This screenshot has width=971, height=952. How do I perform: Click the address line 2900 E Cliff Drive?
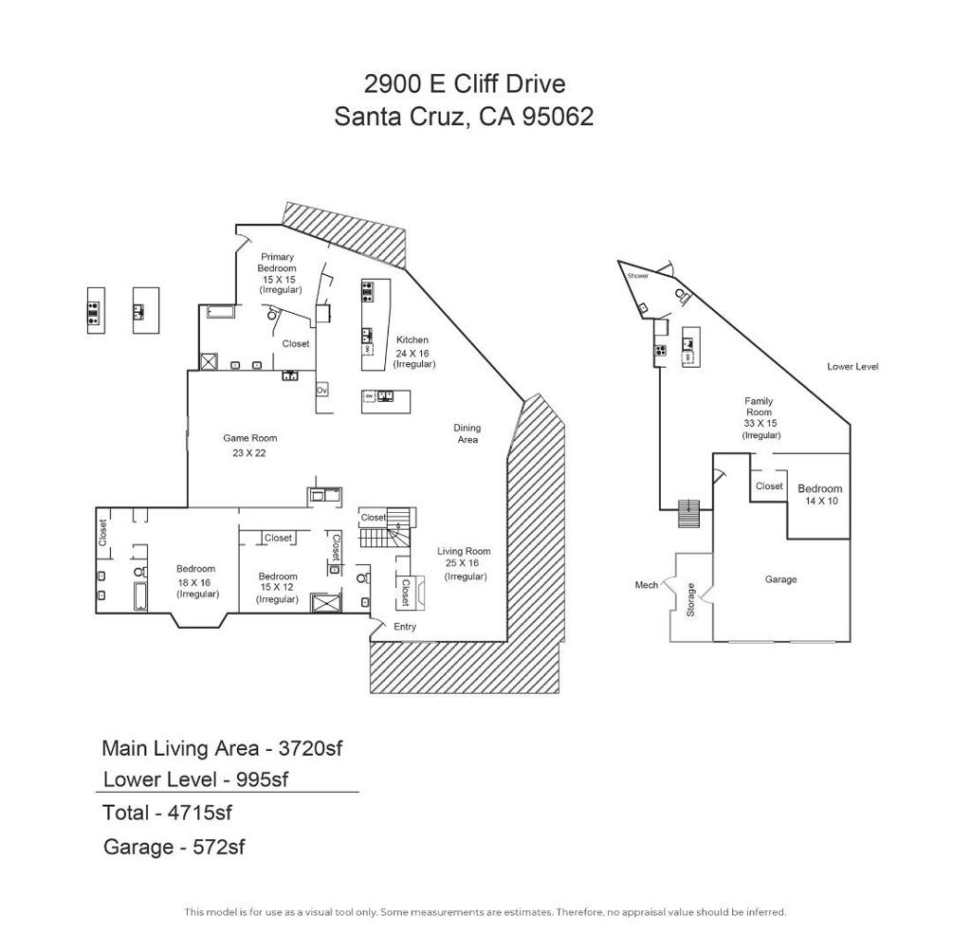pyautogui.click(x=465, y=83)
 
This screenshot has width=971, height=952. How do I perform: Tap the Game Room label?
pyautogui.click(x=249, y=438)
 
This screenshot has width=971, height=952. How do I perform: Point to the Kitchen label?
pyautogui.click(x=412, y=339)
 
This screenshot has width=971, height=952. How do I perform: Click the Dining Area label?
pyautogui.click(x=467, y=433)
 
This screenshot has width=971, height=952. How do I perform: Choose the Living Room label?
pyautogui.click(x=464, y=551)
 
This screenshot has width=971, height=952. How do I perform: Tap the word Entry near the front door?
pyautogui.click(x=404, y=627)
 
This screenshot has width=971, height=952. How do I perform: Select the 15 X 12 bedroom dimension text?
pyautogui.click(x=278, y=588)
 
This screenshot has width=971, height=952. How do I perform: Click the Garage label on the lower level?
pyautogui.click(x=781, y=579)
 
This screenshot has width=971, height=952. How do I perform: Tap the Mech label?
pyautogui.click(x=646, y=585)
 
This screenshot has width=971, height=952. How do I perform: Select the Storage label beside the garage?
pyautogui.click(x=691, y=599)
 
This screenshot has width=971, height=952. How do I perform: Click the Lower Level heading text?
pyautogui.click(x=852, y=366)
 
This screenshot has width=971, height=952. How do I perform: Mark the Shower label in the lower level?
pyautogui.click(x=638, y=276)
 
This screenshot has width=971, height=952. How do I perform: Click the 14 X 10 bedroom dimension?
pyautogui.click(x=821, y=501)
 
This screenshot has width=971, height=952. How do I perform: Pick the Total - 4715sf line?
pyautogui.click(x=167, y=813)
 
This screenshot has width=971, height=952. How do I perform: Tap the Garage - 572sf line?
pyautogui.click(x=174, y=847)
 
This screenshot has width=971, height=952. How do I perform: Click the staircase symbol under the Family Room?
pyautogui.click(x=688, y=512)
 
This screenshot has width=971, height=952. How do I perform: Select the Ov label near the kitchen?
pyautogui.click(x=321, y=390)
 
